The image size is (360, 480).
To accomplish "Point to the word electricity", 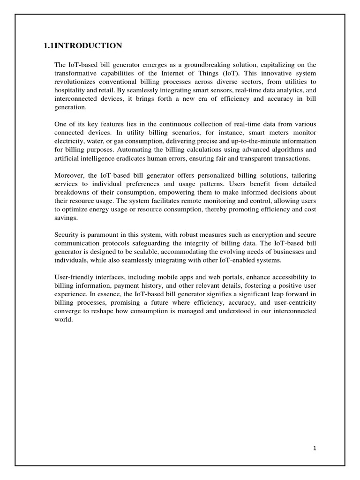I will (69, 141).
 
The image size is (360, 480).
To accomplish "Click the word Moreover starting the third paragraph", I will (69, 175).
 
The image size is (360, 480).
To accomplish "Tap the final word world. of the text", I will (64, 319).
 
